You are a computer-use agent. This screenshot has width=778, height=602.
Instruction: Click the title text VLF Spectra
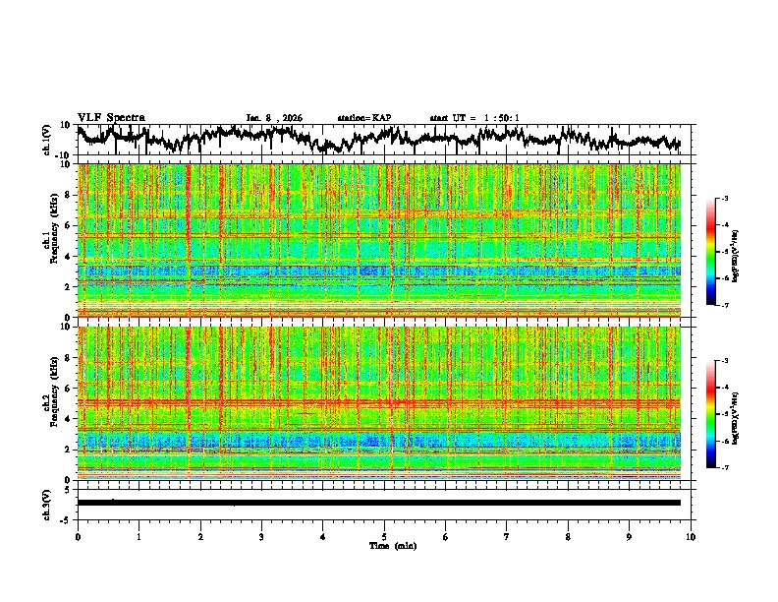(111, 117)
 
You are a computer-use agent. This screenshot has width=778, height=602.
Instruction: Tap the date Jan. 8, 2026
(274, 118)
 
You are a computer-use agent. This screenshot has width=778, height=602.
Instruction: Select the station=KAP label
(363, 118)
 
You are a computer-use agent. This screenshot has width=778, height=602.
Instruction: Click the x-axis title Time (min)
(384, 545)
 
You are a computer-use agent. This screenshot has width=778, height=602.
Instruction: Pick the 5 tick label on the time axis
(384, 536)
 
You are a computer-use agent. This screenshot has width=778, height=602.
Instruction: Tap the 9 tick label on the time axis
(630, 536)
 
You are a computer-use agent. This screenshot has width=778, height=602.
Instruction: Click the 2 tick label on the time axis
(200, 536)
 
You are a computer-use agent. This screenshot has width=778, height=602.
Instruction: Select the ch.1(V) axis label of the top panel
(47, 140)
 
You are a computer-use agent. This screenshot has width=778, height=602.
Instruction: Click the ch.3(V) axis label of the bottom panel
(47, 503)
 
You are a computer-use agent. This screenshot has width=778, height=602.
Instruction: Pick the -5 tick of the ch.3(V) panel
(67, 517)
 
